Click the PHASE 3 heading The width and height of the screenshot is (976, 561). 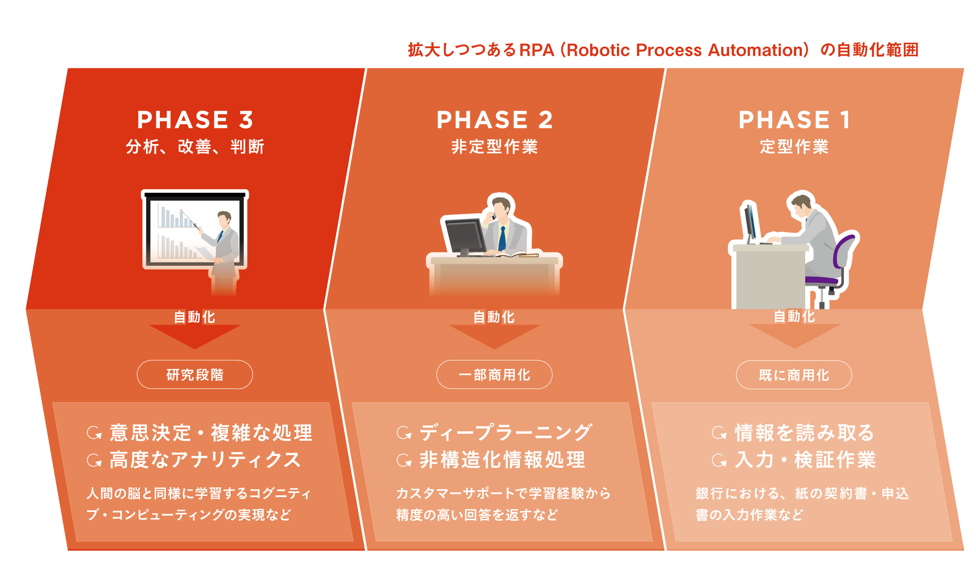(195, 120)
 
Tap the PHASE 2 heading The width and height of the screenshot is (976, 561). (495, 120)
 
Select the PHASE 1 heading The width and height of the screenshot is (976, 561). (794, 120)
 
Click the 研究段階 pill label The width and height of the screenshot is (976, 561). (195, 375)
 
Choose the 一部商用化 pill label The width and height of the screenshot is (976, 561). (495, 375)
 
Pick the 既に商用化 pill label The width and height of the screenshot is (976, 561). (794, 375)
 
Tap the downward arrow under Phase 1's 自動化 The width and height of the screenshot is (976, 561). (794, 336)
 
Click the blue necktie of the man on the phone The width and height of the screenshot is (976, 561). (502, 239)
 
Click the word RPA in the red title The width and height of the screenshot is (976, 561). (537, 50)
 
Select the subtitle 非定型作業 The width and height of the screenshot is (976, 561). (495, 146)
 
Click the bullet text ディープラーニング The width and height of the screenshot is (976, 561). (506, 433)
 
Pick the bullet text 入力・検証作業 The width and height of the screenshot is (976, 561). (805, 460)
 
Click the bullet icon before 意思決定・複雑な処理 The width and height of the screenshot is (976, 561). (94, 433)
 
